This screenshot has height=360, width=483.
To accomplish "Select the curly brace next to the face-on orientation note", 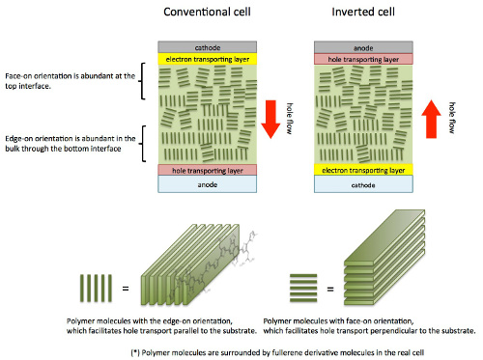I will coord(143,85).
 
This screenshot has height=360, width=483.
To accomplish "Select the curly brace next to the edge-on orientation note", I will coord(143,143).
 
